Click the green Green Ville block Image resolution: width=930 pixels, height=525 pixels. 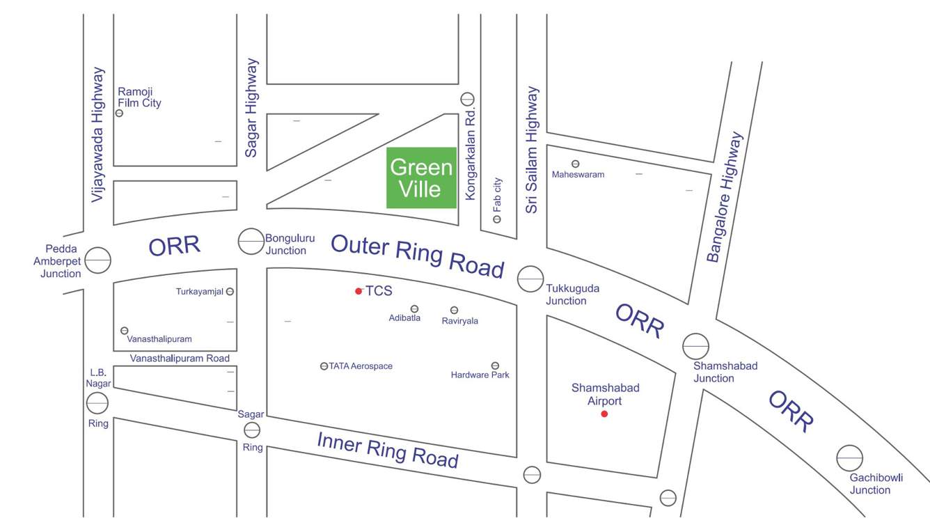[421, 178]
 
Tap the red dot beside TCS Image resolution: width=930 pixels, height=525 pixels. [358, 291]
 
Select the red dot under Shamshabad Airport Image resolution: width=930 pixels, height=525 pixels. [604, 414]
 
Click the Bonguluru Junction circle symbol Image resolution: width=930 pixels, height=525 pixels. [251, 242]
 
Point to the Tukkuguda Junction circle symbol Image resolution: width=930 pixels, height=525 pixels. [530, 279]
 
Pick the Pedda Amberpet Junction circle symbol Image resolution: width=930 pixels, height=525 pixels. [98, 260]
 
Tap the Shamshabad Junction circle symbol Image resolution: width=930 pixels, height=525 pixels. [695, 346]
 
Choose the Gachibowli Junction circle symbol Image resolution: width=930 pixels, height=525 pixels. [849, 458]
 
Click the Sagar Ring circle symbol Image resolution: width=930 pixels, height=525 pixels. [252, 430]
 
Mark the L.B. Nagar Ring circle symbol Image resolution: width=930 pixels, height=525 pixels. [97, 402]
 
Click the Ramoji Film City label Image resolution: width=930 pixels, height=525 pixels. [139, 97]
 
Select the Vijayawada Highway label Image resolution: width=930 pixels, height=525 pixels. [97, 134]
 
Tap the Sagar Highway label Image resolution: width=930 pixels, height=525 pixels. [251, 107]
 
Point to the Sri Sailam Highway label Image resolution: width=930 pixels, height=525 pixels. [533, 149]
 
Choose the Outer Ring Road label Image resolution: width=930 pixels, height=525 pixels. [417, 256]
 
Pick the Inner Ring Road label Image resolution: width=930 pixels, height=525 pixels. [388, 449]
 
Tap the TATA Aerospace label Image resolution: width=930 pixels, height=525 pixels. [361, 366]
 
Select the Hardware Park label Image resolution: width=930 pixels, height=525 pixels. [480, 375]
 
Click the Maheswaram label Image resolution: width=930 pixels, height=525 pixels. [578, 174]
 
